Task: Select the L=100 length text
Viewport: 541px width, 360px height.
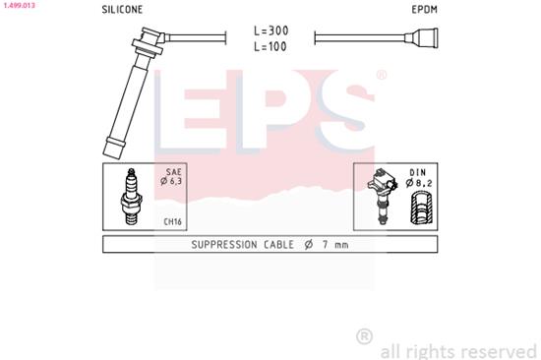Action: tap(270, 47)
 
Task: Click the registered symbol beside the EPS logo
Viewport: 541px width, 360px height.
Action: tap(381, 75)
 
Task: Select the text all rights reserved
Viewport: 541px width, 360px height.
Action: tap(458, 349)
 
